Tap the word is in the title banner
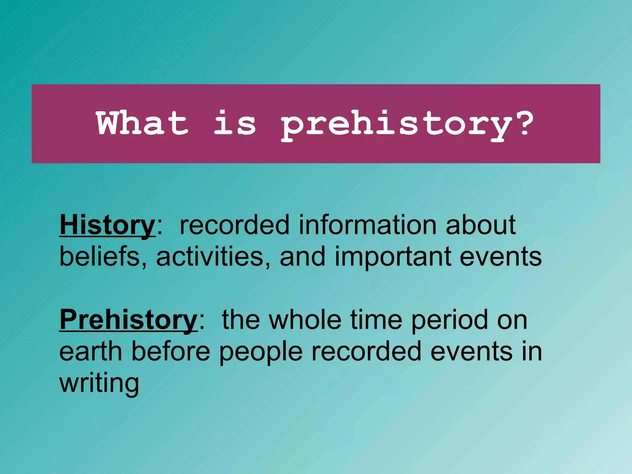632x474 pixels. [x=235, y=123]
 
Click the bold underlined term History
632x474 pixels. [x=107, y=225]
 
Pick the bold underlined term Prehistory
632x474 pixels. [x=128, y=320]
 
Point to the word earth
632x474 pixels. [x=91, y=351]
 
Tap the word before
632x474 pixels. [x=171, y=351]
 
